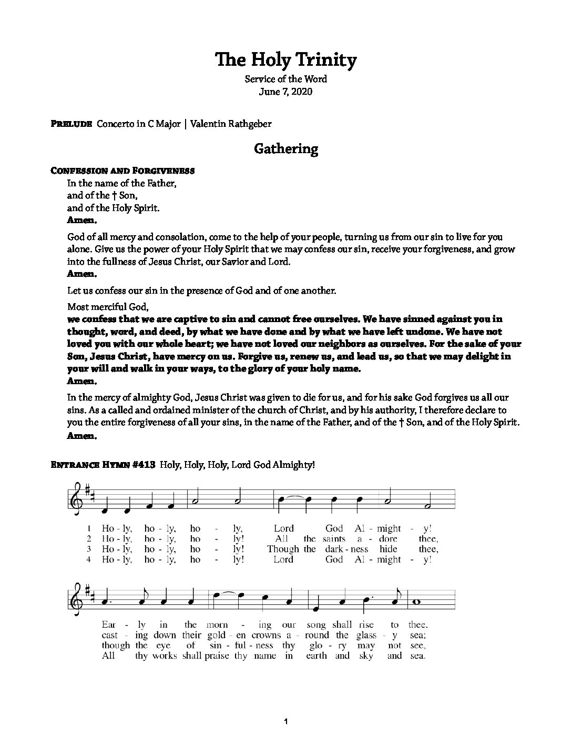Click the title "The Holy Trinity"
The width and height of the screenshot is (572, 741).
pos(285,60)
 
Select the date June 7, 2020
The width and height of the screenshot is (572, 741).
pos(285,92)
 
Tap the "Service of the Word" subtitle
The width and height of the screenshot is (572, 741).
pos(285,79)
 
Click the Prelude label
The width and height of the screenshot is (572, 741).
pos(72,124)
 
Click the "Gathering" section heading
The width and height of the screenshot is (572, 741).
pos(285,149)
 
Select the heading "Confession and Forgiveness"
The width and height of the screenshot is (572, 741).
pos(122,171)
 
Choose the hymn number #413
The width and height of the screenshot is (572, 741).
pos(143,465)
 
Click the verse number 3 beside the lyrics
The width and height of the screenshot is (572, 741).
pos(90,549)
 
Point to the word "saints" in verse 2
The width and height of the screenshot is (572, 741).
pos(335,538)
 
